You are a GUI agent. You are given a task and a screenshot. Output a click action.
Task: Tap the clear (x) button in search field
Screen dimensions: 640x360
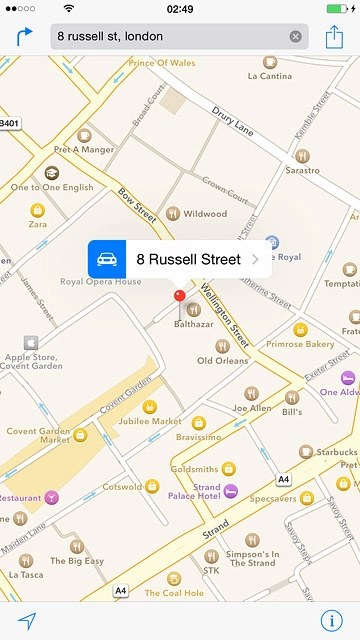tap(295, 37)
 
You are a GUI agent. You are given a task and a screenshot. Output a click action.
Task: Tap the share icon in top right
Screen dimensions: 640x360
tap(334, 37)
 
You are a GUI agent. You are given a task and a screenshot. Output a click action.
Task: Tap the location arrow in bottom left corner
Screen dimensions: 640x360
tap(26, 620)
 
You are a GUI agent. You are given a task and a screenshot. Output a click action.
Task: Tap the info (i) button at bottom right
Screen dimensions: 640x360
tap(332, 620)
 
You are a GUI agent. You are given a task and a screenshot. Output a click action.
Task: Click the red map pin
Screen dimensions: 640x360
tap(179, 296)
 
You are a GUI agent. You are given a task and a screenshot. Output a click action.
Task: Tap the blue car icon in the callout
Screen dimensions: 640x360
tap(105, 259)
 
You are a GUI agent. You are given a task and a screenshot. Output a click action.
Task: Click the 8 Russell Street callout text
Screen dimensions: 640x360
tap(188, 259)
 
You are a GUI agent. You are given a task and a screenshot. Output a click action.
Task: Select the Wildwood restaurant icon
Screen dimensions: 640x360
tap(173, 213)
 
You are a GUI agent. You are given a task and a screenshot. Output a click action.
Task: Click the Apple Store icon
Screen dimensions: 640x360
tap(30, 342)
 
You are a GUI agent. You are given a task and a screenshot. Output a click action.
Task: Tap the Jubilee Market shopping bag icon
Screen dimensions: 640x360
tap(150, 407)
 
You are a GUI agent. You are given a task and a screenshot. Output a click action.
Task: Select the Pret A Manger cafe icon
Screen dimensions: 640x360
tap(84, 135)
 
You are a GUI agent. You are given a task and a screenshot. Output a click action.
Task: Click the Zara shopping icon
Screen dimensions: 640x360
tap(37, 211)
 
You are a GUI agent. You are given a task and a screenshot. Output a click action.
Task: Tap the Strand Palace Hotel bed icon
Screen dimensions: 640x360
tap(230, 491)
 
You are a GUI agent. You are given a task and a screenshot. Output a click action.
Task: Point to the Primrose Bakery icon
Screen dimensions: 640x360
tap(299, 329)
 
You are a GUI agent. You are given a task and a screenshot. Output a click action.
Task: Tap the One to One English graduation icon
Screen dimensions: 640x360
tap(51, 173)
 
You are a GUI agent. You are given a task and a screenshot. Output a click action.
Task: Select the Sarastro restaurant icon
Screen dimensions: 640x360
tap(302, 156)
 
